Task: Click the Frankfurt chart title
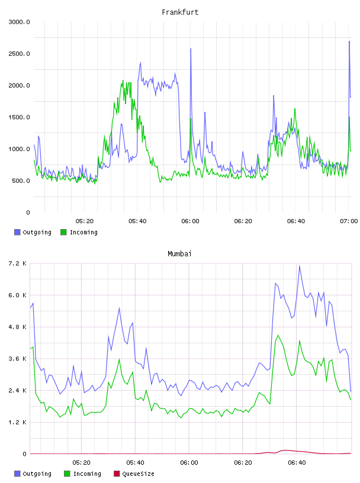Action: pos(180,12)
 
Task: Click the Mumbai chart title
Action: pos(179,254)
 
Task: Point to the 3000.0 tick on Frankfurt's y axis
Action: pos(19,22)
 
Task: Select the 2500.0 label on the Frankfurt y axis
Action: pos(19,54)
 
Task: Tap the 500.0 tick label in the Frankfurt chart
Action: pos(21,181)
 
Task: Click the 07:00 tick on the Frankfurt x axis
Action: pos(349,221)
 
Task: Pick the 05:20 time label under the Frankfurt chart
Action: pos(85,221)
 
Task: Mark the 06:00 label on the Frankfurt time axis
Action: pos(190,221)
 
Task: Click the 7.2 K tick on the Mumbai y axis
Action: pos(17,263)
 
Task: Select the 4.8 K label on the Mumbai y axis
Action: pos(17,327)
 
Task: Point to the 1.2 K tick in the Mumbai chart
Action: pos(17,422)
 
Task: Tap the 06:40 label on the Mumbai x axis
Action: pos(297,463)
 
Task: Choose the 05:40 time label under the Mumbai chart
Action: pos(136,463)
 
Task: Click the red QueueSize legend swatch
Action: pos(117,474)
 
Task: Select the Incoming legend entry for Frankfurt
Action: pos(79,232)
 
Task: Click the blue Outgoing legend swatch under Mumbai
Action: pos(17,474)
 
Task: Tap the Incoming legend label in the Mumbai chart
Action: pos(87,474)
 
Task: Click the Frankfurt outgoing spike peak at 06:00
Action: pos(191,49)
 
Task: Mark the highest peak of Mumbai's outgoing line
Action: pos(299,266)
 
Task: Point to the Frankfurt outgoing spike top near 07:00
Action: pos(349,41)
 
